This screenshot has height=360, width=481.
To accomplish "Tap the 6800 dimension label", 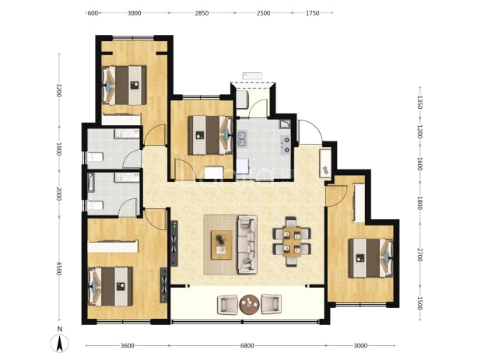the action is click(x=247, y=345).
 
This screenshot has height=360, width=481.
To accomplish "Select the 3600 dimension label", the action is click(x=128, y=345).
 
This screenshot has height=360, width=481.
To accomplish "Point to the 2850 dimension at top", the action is click(x=202, y=13).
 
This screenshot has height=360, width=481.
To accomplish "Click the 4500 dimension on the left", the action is click(x=59, y=268).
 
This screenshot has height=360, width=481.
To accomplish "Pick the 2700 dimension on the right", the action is click(x=420, y=254).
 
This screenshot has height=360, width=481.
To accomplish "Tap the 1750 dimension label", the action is click(x=313, y=13).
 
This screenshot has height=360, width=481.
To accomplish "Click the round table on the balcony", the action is click(x=249, y=305).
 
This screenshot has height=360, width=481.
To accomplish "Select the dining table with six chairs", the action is click(x=292, y=242).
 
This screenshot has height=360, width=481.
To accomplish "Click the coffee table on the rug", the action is click(x=222, y=245).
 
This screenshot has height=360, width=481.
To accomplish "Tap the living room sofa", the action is click(x=247, y=245).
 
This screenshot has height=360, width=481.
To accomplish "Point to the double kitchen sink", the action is click(x=241, y=138).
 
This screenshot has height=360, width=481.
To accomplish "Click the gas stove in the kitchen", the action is click(x=286, y=145).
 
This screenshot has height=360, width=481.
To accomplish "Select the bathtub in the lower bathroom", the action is click(x=90, y=183).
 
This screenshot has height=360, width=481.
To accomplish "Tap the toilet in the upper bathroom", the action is click(x=95, y=158).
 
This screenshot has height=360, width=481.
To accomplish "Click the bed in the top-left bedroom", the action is click(x=124, y=86).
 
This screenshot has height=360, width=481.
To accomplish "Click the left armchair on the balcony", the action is click(x=227, y=305).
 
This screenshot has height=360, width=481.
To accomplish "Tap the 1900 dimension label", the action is click(x=59, y=149).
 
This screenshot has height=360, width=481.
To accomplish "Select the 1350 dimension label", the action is click(x=420, y=102).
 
